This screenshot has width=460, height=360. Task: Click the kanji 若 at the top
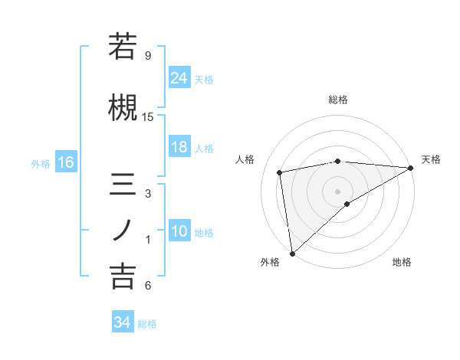point(123,47)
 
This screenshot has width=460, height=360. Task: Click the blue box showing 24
point(179,78)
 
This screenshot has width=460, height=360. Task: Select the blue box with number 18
point(179,147)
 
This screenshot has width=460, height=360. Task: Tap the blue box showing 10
point(179,231)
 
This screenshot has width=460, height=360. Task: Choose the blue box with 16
point(65,162)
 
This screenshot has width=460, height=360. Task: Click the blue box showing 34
point(122,322)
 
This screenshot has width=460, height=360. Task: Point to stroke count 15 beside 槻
point(148,117)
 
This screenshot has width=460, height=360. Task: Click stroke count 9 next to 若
point(148,56)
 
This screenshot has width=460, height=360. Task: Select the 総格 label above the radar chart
point(338,100)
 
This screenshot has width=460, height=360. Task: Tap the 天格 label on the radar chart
point(431,159)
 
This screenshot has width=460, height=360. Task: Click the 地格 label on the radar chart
point(402,262)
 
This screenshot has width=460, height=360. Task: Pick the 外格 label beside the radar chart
point(270,262)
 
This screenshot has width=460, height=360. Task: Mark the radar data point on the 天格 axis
point(411,168)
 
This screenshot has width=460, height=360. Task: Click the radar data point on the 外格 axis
point(292,253)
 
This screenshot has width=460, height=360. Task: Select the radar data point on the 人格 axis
point(280,172)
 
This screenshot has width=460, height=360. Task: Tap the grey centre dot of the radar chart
point(337,191)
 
